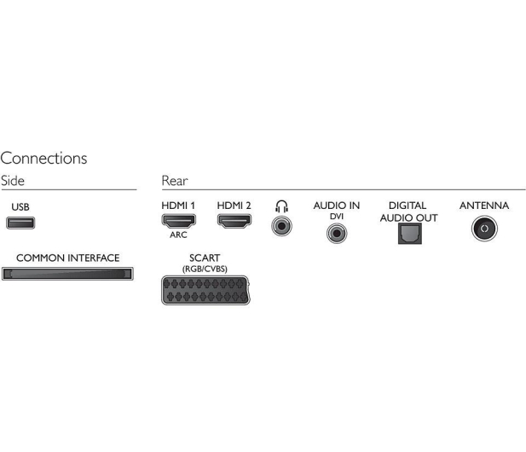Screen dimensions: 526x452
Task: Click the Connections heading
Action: pos(43,158)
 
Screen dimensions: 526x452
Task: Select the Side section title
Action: pos(13,181)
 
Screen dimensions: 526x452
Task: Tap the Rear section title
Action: pos(175,181)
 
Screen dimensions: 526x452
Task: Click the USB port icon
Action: pos(20,223)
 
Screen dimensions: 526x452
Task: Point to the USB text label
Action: pos(20,207)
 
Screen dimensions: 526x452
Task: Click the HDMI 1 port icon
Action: pos(178,221)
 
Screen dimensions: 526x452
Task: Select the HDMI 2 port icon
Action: pos(234,221)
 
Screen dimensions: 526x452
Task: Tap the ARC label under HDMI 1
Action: pos(178,235)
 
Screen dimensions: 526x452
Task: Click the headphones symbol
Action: pos(282,206)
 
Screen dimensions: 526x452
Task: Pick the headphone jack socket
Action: pos(282,226)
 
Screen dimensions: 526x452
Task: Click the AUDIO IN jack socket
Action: pos(337,233)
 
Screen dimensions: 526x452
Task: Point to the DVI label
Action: pos(337,217)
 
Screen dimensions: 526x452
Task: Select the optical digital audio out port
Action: pos(410,234)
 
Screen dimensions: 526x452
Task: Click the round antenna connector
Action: pos(484,229)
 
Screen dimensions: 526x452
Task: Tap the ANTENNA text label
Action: pos(484,206)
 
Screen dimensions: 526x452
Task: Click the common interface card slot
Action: pos(67,274)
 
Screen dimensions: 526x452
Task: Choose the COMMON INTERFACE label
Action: pos(67,258)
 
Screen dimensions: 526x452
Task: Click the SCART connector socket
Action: pos(205,290)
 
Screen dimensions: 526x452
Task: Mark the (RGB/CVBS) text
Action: pos(205,269)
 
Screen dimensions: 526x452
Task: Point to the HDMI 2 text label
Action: pos(234,206)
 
